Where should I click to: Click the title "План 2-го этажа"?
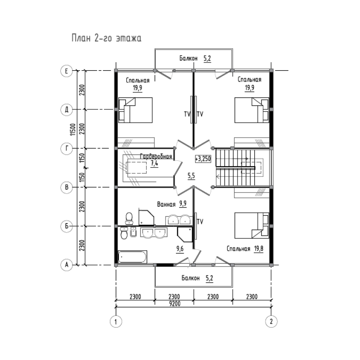107,38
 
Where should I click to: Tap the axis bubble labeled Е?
66,71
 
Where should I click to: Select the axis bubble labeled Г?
66,148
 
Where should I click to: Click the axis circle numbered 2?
271,321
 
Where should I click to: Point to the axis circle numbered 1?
116,321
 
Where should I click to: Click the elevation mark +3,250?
203,159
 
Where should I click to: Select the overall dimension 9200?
175,304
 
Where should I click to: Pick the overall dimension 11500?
73,129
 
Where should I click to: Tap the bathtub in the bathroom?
132,257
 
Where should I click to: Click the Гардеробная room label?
156,157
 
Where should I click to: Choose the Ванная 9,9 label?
172,204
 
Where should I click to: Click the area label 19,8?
258,249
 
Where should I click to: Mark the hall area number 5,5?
191,176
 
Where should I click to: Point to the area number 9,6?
180,249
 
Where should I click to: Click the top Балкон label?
189,58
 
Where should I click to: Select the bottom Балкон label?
190,278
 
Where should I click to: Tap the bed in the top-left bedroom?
135,110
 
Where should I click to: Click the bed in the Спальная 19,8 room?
252,225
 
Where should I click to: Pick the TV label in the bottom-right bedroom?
200,221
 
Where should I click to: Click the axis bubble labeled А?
66,265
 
